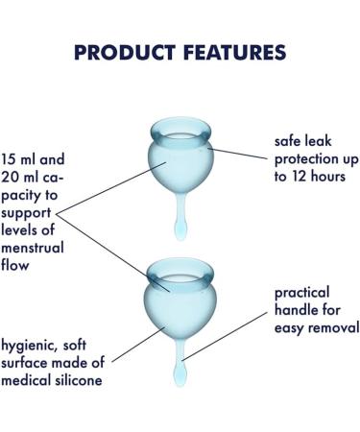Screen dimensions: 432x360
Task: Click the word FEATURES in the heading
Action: tap(230, 54)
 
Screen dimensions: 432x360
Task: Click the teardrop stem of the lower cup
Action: tap(181, 368)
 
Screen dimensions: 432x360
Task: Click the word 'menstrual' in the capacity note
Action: tap(34, 247)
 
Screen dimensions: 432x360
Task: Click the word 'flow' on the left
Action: tap(15, 264)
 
